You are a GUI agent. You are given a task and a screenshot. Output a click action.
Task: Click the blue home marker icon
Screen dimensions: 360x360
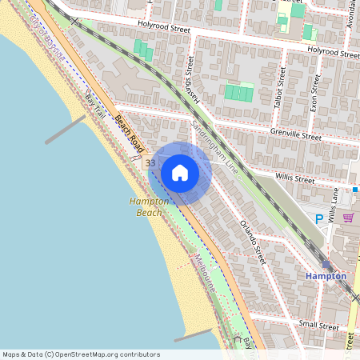coord(180,172)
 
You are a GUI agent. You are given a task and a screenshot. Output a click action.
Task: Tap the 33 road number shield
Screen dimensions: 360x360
coord(150,163)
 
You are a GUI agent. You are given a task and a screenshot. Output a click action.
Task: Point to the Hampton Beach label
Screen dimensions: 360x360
coord(149,207)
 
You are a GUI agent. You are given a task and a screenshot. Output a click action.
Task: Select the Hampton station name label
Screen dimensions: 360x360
coord(326,275)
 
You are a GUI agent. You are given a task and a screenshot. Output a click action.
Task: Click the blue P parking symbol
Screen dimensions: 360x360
coord(319,218)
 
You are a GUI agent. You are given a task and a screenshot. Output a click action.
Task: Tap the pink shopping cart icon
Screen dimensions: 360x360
coord(348,217)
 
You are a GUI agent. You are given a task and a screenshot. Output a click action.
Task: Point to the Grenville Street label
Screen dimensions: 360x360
coord(295,135)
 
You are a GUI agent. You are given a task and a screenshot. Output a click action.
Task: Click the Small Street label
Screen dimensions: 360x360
coord(318,326)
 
